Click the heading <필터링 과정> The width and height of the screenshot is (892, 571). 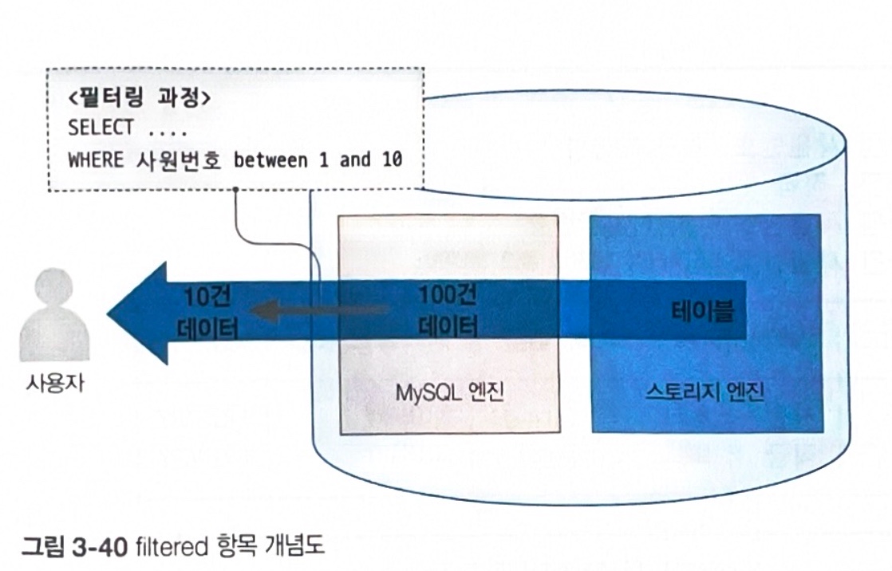tap(139, 100)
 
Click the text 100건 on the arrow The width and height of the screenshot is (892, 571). tap(447, 295)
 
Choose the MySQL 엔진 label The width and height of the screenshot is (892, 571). tap(450, 392)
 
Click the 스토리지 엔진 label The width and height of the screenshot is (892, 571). tap(705, 392)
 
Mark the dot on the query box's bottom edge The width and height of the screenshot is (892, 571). tap(236, 190)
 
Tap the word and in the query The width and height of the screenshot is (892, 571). tap(355, 159)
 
